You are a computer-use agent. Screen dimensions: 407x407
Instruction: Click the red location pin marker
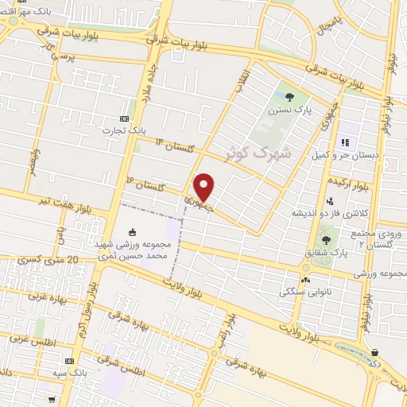204,186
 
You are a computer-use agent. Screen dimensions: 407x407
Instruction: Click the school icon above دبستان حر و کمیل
345,143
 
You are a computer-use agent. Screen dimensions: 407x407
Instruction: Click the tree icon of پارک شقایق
327,238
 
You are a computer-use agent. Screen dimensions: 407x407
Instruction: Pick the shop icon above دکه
374,352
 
